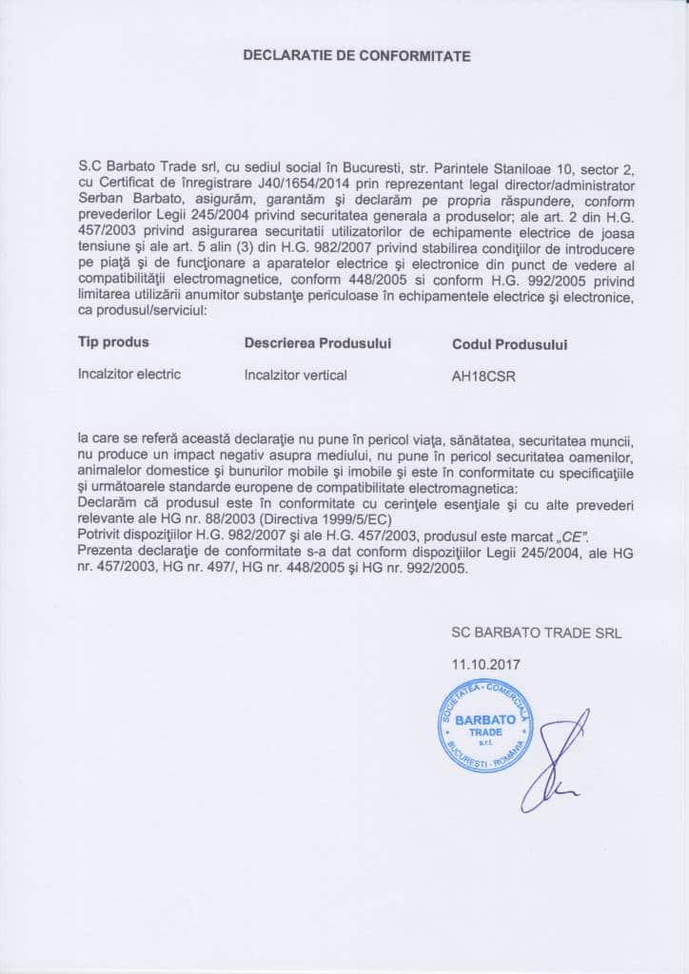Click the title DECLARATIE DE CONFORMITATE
(x=357, y=56)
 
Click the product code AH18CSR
(x=486, y=376)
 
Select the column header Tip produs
(x=113, y=341)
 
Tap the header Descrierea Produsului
(x=318, y=342)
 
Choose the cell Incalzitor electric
(x=129, y=375)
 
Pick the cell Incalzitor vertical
(x=296, y=375)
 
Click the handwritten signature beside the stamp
(x=557, y=761)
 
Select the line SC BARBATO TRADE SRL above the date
(x=536, y=633)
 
